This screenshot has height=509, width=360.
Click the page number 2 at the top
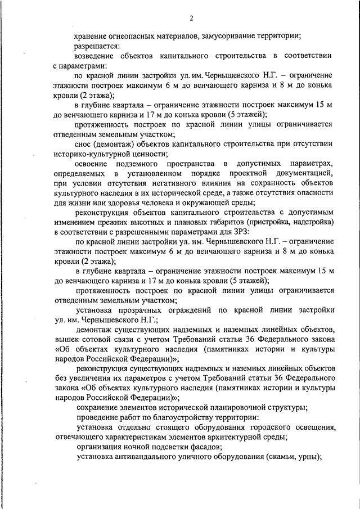point(191,19)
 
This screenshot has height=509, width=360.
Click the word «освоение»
point(93,163)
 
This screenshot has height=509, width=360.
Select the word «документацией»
point(305,173)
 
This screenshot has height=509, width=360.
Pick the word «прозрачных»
point(140,310)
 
